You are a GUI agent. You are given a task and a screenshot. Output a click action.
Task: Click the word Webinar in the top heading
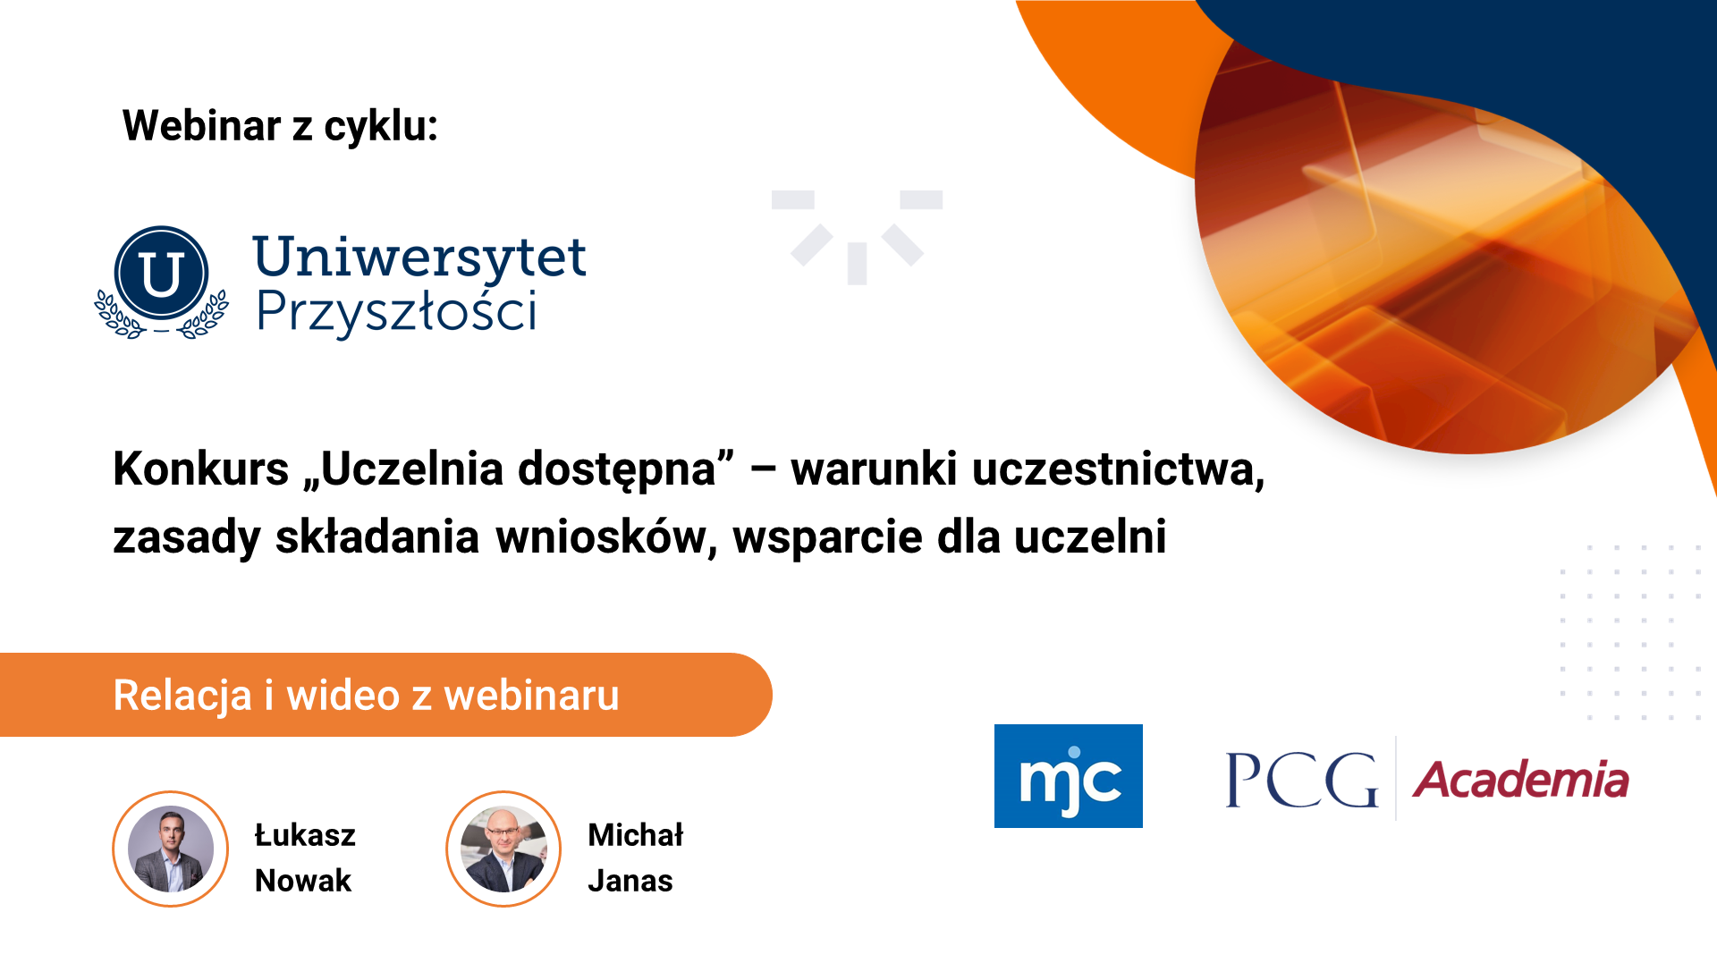201,125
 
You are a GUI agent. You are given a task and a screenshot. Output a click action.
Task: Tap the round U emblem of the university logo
162,274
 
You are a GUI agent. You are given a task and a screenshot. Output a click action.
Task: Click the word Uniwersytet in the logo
419,258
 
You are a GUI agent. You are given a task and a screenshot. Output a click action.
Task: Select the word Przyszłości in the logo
397,312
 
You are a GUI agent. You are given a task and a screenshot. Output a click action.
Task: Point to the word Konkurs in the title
201,469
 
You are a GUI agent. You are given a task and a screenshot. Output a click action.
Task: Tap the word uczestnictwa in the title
1118,470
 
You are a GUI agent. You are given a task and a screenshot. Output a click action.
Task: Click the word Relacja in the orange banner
182,697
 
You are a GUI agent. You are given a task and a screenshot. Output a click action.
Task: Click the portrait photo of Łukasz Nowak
170,849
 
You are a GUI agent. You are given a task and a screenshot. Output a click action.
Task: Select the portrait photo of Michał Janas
503,849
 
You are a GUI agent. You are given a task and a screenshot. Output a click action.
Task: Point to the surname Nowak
303,881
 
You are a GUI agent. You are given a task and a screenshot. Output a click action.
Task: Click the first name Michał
636,834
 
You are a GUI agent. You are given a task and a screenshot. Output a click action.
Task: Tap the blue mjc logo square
1069,776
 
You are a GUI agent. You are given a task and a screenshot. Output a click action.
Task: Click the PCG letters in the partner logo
1302,780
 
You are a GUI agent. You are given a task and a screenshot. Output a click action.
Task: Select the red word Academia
1521,780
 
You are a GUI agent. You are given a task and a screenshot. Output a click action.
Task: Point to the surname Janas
630,881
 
